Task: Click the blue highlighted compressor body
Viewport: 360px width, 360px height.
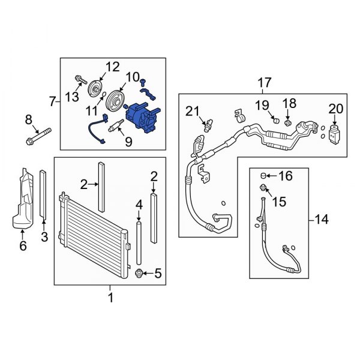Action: tap(143, 118)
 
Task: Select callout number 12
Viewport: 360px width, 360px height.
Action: tap(113, 67)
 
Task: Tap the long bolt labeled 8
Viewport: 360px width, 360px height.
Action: tap(38, 137)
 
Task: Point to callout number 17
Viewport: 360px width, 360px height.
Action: tap(265, 82)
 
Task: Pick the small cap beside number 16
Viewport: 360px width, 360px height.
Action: tap(263, 176)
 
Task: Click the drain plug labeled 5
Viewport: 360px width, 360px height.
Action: tap(139, 274)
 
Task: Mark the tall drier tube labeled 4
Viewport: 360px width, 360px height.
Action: tap(139, 243)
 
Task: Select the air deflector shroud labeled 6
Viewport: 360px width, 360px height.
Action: tap(23, 199)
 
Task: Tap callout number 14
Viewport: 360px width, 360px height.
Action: tap(322, 220)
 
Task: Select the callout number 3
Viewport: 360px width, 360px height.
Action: tap(44, 236)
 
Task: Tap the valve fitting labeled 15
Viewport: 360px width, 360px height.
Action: tap(263, 187)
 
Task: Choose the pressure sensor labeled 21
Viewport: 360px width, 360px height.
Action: tap(208, 125)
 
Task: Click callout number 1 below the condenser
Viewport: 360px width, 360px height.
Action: tap(110, 298)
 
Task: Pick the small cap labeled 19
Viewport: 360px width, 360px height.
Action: tap(276, 120)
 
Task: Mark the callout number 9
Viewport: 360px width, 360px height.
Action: tap(128, 142)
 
